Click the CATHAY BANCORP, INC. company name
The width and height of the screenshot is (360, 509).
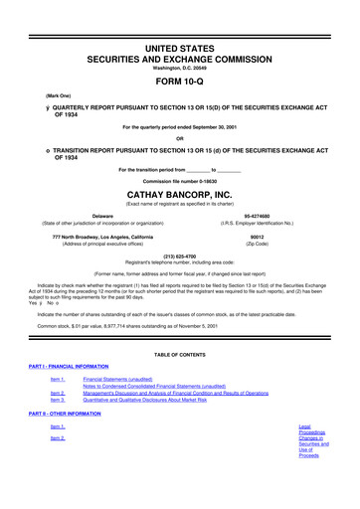pos(179,182)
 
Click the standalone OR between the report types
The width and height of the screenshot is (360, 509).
pos(180,138)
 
